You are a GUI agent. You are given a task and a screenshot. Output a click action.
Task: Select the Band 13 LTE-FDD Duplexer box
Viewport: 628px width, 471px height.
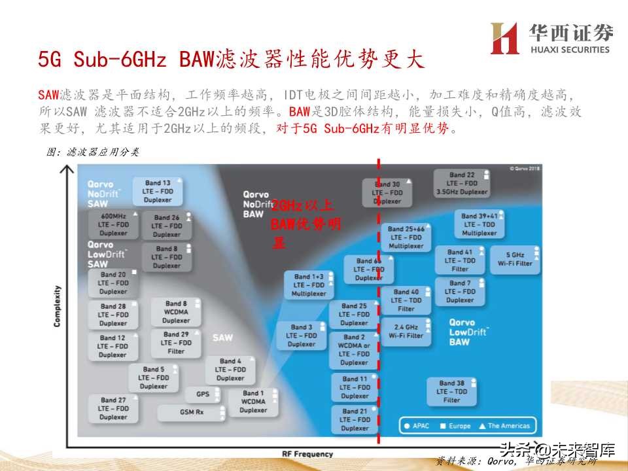158,191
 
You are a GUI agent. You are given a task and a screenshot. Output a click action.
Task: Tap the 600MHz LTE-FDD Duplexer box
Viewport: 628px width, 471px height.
114,224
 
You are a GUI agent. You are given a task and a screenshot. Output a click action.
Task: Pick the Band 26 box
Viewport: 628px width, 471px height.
167,226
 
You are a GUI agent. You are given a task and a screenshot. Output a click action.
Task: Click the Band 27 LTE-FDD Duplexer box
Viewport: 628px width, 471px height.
113,408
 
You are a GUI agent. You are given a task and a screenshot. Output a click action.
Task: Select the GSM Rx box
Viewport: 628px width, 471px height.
192,412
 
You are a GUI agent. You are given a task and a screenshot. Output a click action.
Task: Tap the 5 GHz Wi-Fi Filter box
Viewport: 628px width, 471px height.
515,259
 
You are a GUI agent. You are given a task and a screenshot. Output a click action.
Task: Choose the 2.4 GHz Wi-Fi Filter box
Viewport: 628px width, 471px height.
406,331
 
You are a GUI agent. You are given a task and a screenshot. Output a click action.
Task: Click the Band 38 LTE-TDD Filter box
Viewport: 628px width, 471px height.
452,391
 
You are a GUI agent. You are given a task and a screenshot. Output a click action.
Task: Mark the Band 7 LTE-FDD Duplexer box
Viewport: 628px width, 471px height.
460,292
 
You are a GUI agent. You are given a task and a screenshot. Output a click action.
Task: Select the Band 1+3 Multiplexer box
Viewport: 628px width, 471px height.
308,285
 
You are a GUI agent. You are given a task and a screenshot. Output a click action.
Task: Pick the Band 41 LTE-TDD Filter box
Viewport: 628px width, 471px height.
460,260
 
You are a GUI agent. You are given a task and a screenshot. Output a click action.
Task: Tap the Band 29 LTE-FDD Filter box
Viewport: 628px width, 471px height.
176,343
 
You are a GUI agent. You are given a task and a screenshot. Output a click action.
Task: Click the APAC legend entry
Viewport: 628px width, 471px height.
416,426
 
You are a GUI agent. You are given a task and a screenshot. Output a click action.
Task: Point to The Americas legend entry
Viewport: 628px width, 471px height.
504,426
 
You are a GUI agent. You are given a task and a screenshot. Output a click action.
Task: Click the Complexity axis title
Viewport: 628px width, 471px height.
57,306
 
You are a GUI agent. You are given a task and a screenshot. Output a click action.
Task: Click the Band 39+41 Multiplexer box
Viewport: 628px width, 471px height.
480,224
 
